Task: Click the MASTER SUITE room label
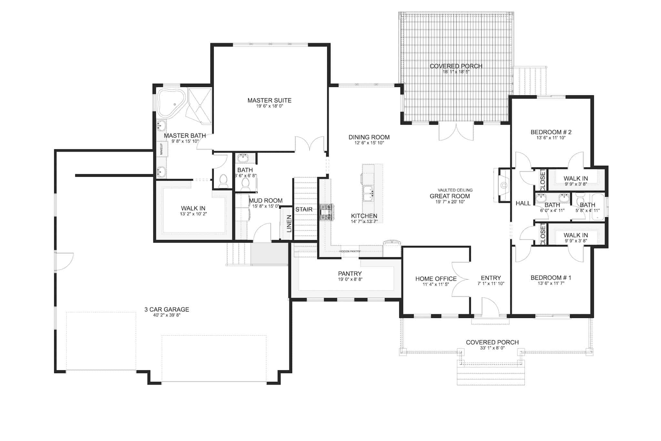[x=269, y=100]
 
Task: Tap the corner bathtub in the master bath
[x=171, y=103]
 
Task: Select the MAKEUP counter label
[x=161, y=149]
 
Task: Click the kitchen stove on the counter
[x=326, y=212]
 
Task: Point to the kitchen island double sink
[x=368, y=193]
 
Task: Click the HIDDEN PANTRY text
[x=350, y=251]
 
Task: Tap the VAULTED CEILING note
[x=455, y=190]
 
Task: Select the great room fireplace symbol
[x=502, y=185]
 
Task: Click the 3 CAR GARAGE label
[x=167, y=310]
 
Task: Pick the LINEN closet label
[x=289, y=224]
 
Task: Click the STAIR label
[x=304, y=209]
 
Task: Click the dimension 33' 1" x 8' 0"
[x=492, y=348]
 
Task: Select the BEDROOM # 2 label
[x=551, y=132]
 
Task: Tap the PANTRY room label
[x=350, y=274]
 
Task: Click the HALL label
[x=523, y=203]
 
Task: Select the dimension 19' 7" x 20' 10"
[x=450, y=202]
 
